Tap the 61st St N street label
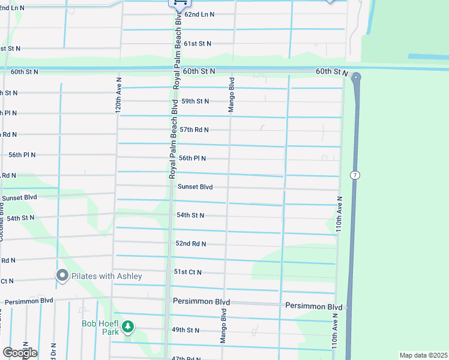[197, 44]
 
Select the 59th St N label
[194, 101]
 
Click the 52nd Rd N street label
[191, 244]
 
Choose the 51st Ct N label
[188, 272]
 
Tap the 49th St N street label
[185, 330]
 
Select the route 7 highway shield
[355, 174]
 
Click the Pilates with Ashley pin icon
[62, 275]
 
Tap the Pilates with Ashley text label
[107, 276]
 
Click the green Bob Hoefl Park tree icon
[127, 327]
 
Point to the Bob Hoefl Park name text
[100, 327]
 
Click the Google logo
[19, 352]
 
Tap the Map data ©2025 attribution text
[423, 355]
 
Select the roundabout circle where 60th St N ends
[356, 77]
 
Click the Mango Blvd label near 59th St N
[231, 94]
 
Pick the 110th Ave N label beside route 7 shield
[340, 214]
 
